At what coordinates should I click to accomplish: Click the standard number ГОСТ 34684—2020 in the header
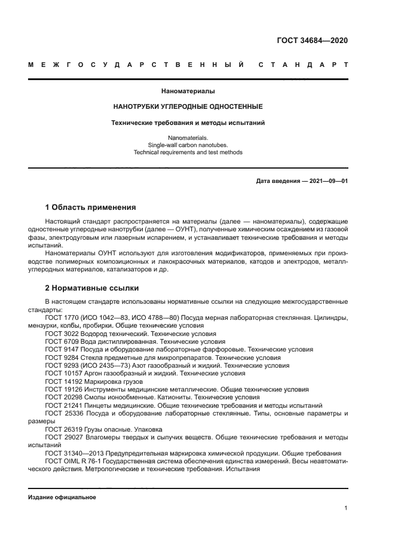click(312, 41)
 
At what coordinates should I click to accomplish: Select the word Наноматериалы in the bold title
click(188, 91)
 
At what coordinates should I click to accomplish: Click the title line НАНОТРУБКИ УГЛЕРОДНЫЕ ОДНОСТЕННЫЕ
click(188, 106)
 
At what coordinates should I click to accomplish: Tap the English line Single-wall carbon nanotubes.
click(188, 145)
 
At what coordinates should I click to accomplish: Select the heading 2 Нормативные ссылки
click(91, 286)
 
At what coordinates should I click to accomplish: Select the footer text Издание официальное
click(62, 497)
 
